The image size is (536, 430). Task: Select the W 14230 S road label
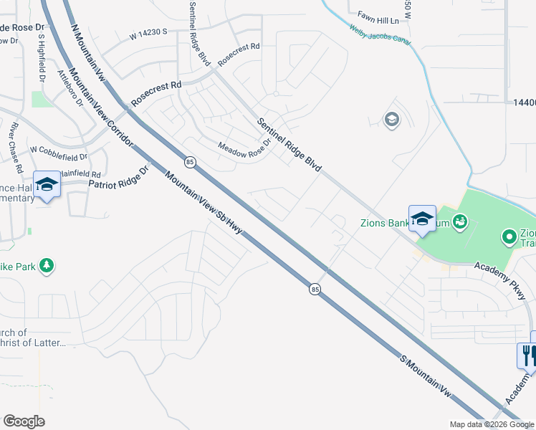[148, 32]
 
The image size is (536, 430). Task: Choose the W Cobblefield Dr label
[58, 152]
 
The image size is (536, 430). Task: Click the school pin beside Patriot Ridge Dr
[47, 185]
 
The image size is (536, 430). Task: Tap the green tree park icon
[47, 267]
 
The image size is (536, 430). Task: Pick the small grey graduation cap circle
[391, 119]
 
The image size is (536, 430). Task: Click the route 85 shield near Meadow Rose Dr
[189, 162]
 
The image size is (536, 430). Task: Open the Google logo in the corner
[24, 421]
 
